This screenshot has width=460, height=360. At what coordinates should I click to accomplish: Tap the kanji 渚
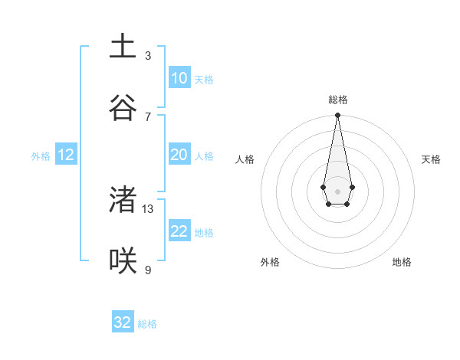click(123, 200)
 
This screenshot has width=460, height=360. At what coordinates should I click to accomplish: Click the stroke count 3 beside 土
click(148, 56)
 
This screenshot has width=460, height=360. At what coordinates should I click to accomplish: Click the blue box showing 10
click(179, 78)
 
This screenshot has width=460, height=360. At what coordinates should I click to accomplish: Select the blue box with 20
click(179, 155)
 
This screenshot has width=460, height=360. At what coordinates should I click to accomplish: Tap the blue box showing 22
click(179, 231)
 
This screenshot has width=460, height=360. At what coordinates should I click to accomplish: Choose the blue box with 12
click(66, 155)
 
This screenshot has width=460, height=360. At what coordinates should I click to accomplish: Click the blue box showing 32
click(123, 322)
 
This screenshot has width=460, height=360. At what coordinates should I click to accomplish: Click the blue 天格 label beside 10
click(203, 80)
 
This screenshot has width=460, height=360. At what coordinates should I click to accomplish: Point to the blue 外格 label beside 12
click(41, 156)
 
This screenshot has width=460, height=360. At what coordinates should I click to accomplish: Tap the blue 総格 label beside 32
click(147, 324)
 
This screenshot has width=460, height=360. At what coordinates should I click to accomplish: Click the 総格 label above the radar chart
click(337, 100)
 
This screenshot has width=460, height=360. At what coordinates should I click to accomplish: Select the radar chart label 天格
click(431, 159)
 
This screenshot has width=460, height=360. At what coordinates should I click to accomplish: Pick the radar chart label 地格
click(402, 262)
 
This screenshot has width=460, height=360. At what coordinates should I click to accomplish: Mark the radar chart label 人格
click(245, 159)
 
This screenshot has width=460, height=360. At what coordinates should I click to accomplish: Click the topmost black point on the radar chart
click(337, 116)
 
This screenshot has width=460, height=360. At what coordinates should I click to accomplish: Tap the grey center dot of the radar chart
click(337, 191)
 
